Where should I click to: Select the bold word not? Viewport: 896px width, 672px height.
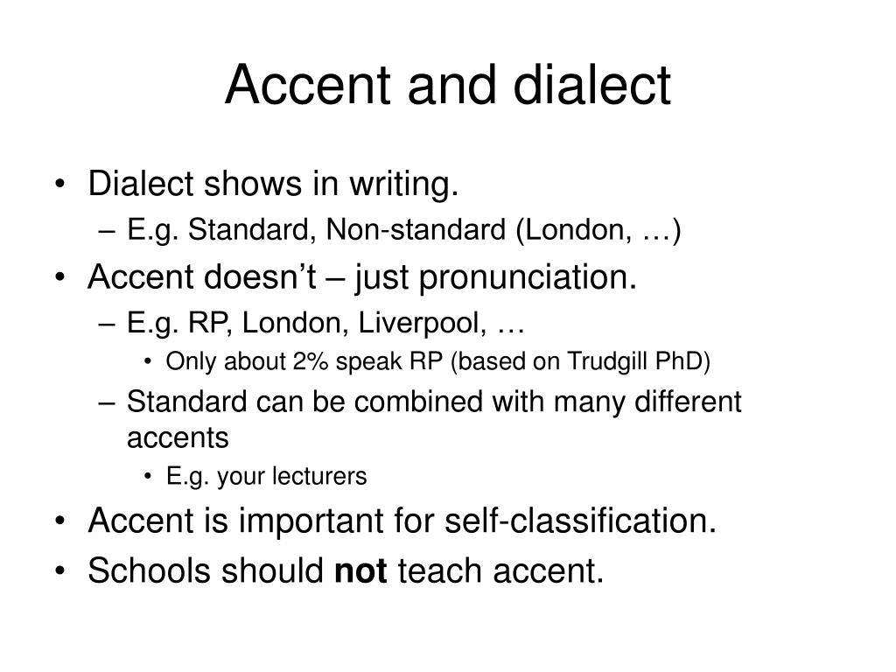coord(361,570)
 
